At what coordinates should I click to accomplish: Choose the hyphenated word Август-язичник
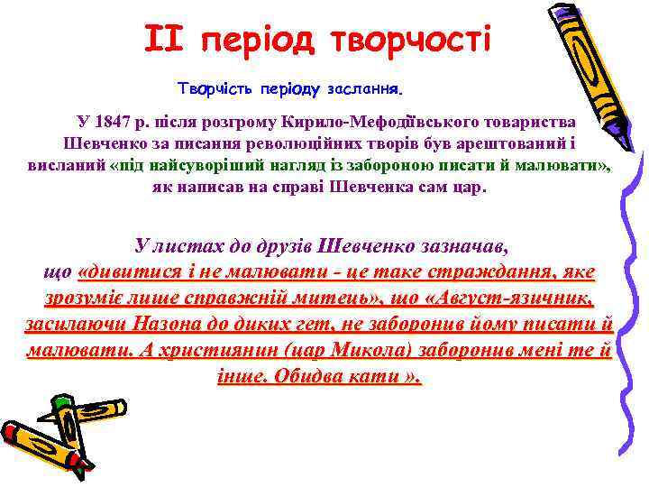coord(509,298)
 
